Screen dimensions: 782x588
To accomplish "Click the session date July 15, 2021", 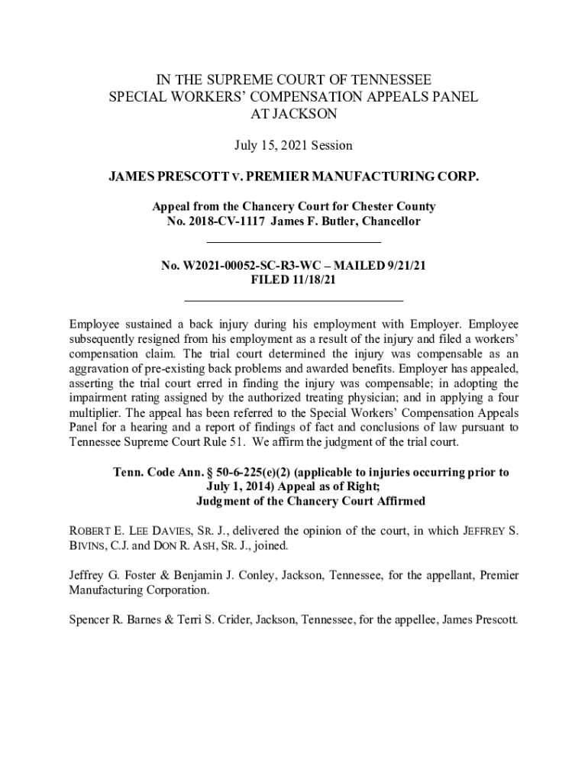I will coord(293,144).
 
